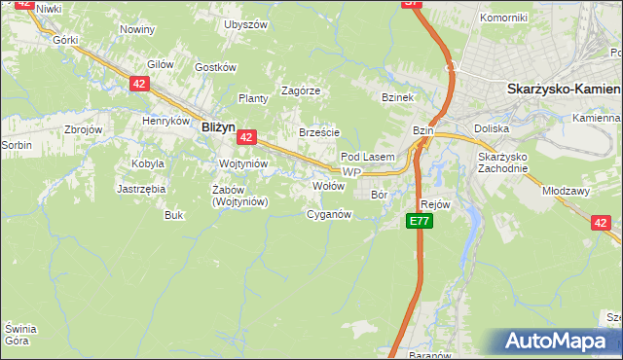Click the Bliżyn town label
[218, 126]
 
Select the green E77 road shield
[419, 222]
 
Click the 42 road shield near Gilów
[138, 85]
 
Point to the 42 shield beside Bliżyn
[247, 138]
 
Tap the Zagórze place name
[301, 90]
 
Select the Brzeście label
[319, 133]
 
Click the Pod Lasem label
[367, 157]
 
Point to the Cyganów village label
[329, 214]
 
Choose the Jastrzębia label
[141, 189]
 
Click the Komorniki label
[503, 18]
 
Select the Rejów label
[435, 204]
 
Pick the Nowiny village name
[136, 29]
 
